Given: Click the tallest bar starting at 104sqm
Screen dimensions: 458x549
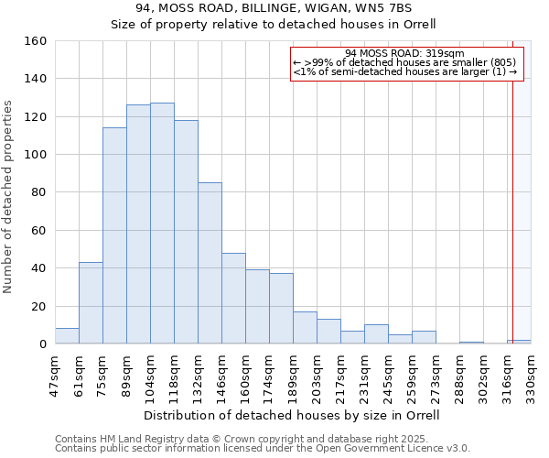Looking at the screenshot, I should [162, 224].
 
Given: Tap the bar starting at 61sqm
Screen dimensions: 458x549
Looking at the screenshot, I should [91, 303].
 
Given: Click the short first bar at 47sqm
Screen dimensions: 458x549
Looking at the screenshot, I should [67, 336].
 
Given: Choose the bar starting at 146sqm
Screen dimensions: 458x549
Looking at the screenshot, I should [233, 299].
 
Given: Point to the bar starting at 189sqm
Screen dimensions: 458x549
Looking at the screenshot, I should [305, 328].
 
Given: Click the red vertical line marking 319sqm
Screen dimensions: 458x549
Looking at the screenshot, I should [512, 183].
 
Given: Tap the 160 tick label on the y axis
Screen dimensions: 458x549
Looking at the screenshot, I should [36, 41].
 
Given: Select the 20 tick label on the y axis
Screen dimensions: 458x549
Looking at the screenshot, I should [39, 306].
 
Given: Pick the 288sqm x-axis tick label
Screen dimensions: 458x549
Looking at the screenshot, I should [460, 374].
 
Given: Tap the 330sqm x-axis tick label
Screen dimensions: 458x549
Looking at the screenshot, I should [532, 374].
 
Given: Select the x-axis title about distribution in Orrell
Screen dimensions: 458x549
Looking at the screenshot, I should [292, 415].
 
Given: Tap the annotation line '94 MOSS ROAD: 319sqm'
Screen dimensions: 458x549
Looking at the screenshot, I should [405, 53].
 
